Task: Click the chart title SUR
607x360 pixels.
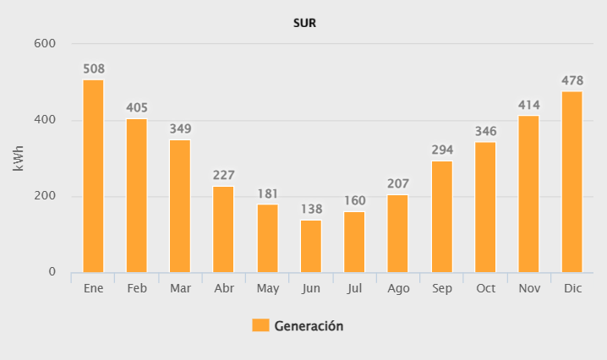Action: tap(304, 23)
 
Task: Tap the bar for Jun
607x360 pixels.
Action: tap(310, 246)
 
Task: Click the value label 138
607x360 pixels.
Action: tap(310, 210)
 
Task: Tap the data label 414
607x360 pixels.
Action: tap(528, 105)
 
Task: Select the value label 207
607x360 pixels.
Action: tap(397, 183)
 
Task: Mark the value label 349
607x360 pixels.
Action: tap(180, 129)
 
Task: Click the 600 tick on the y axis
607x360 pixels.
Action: tap(45, 44)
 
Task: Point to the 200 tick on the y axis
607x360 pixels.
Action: tap(45, 196)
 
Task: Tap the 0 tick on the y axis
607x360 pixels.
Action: tap(52, 272)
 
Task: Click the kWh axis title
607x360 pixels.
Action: tap(19, 158)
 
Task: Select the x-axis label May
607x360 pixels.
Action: tap(267, 288)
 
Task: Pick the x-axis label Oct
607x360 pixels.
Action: tap(485, 288)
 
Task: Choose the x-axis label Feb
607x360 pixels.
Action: tap(136, 288)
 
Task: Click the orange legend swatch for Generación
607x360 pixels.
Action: tap(260, 325)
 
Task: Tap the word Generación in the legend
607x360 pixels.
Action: tap(309, 325)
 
